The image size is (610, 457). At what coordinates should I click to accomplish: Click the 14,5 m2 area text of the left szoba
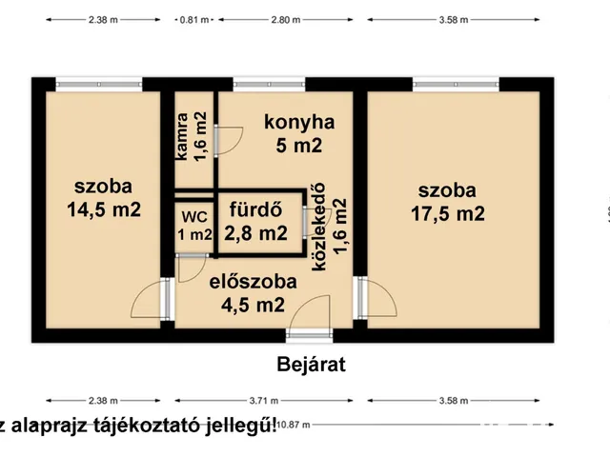pos(104,210)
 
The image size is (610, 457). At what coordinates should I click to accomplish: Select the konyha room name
pos(299,122)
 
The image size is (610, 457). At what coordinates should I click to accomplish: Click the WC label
pos(194,216)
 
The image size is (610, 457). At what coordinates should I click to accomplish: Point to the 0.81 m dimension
pos(193,19)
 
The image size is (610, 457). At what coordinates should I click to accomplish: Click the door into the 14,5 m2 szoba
pos(152,301)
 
